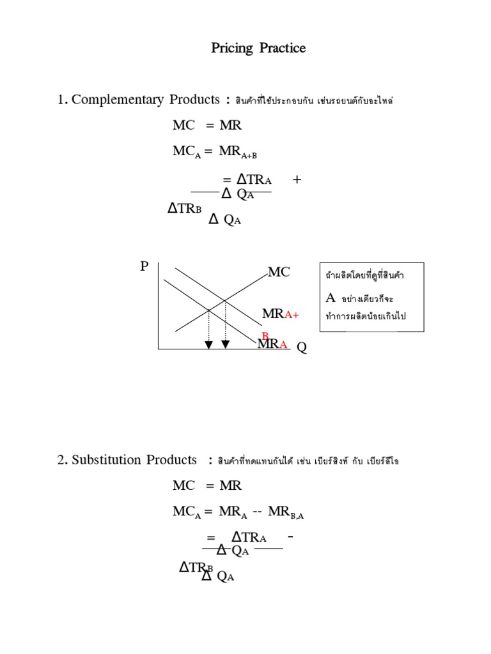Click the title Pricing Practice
[258, 49]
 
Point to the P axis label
[144, 267]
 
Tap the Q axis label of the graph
[302, 348]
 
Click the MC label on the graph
[279, 273]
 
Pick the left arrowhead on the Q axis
[208, 345]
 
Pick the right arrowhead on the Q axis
[226, 345]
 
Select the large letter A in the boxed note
[331, 298]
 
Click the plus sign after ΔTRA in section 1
[297, 180]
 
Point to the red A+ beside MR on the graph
[292, 315]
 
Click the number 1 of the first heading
[61, 100]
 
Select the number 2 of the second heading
[61, 460]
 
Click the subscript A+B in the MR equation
[249, 155]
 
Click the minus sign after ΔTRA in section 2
[291, 538]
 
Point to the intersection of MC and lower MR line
[209, 311]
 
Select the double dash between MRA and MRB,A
[258, 513]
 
